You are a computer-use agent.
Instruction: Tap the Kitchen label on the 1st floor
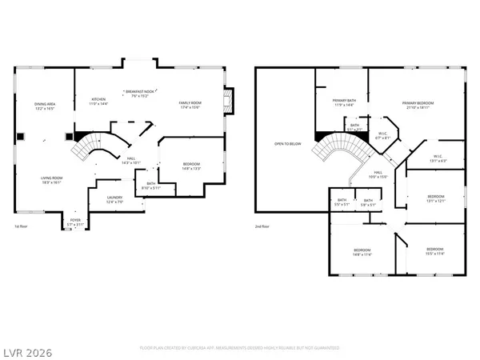pyautogui.click(x=98, y=102)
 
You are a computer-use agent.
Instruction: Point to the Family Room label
pyautogui.click(x=189, y=105)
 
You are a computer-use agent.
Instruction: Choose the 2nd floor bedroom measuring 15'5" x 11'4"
pyautogui.click(x=435, y=252)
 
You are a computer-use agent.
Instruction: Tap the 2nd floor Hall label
pyautogui.click(x=378, y=174)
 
